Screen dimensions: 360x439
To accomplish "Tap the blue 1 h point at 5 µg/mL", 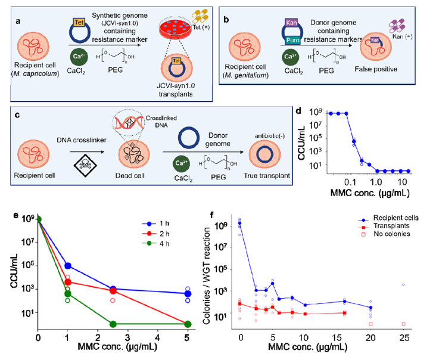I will coord(188,293).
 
